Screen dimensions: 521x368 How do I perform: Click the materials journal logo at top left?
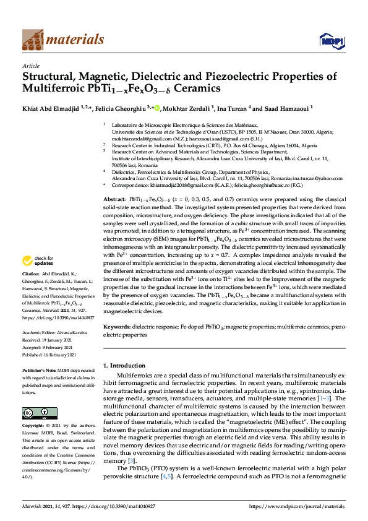pos(63,40)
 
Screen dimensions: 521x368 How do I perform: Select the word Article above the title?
pos(31,66)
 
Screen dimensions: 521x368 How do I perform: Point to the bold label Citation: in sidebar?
pos(31,290)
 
